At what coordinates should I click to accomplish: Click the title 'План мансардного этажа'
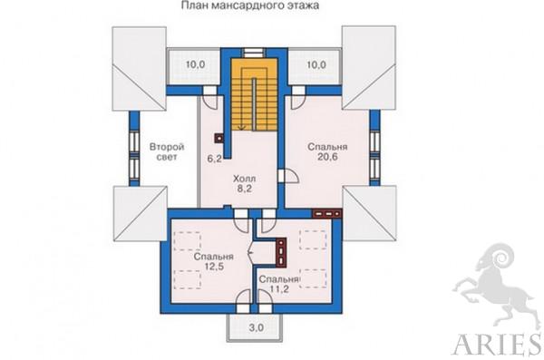point(250,5)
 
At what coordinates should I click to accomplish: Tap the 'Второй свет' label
point(167,151)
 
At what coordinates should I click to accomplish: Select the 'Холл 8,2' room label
point(245,184)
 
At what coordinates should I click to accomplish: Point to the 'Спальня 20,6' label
point(327,151)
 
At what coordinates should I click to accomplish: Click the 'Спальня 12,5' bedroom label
point(214,261)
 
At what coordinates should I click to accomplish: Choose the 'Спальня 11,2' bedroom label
point(279,284)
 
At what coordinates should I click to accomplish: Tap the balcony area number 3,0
point(256,327)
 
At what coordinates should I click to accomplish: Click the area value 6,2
point(214,159)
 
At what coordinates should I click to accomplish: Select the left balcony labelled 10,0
point(195,64)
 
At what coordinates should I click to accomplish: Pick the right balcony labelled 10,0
point(316,64)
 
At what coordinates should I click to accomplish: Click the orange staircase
point(255,94)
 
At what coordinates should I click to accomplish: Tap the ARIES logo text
point(497,344)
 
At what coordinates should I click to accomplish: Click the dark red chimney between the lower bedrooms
point(281,253)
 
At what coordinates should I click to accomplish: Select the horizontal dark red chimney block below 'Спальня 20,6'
point(327,213)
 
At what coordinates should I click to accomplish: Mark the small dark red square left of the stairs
point(219,139)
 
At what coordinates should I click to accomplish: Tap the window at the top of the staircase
point(253,53)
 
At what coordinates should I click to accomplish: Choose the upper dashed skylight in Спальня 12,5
point(188,241)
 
